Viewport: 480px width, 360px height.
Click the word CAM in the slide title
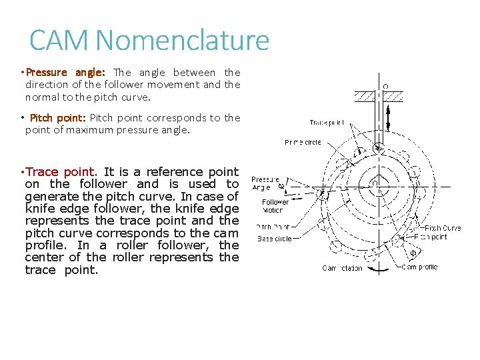coord(59,41)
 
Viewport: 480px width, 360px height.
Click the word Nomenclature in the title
coord(182,41)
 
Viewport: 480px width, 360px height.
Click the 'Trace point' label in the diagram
coord(327,123)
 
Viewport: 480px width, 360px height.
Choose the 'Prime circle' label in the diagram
coord(303,142)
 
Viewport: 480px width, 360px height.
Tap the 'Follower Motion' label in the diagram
coord(275,205)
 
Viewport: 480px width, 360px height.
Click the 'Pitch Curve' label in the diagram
coord(443,228)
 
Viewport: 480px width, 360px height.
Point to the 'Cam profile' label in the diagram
coord(419,267)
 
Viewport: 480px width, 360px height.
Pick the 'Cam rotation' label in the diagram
coord(342,268)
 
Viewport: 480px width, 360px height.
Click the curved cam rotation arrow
coord(379,269)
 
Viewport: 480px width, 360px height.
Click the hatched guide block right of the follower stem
coord(393,96)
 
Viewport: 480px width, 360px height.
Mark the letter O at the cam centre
coord(375,182)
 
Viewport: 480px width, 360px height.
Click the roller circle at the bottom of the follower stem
coord(377,147)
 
